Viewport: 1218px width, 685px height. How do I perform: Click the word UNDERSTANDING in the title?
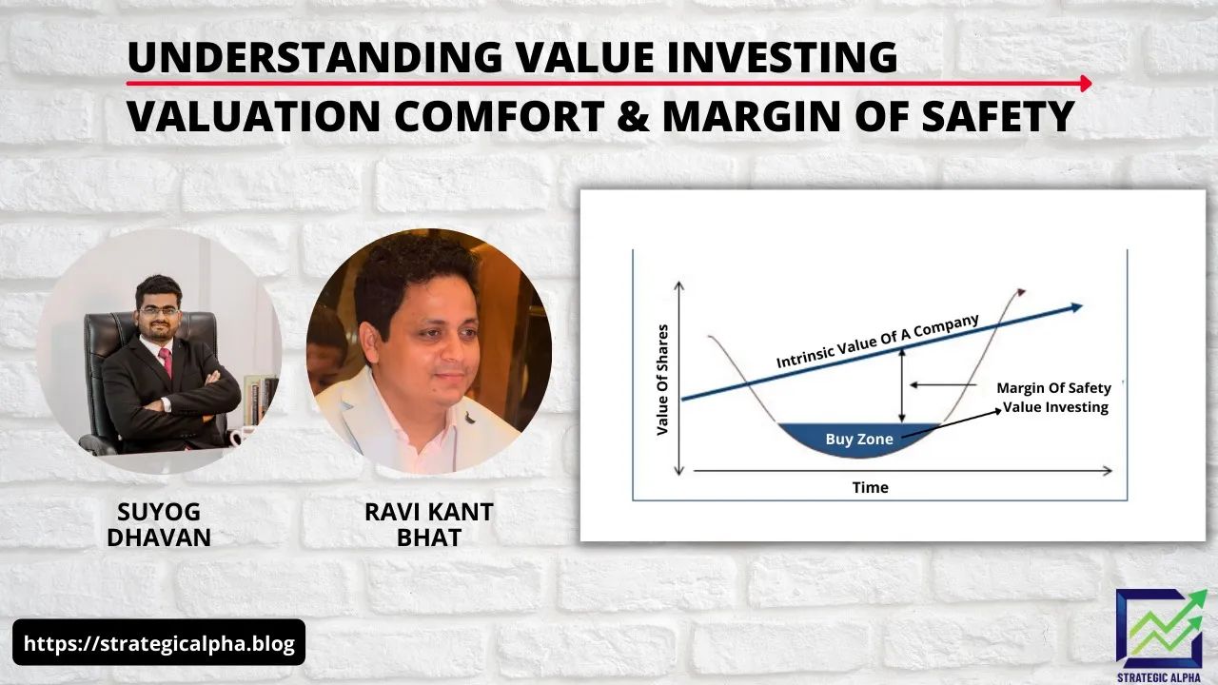(x=314, y=58)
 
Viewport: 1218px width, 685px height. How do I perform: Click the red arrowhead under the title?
(x=1086, y=84)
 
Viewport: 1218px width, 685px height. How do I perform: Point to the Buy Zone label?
(x=859, y=440)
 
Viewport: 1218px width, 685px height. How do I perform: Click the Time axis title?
(x=870, y=487)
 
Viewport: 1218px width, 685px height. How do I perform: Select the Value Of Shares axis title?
(x=663, y=381)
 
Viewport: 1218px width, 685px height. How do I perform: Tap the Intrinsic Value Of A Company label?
(x=876, y=342)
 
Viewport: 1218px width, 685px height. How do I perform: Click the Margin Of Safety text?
(x=1053, y=388)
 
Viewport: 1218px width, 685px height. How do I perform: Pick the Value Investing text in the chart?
(x=1056, y=407)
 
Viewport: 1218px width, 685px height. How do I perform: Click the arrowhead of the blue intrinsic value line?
(x=1076, y=306)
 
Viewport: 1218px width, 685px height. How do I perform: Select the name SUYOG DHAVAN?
(x=159, y=524)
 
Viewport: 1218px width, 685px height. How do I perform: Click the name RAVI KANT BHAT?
(x=428, y=524)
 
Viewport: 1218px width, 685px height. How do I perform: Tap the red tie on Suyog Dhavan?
(x=166, y=362)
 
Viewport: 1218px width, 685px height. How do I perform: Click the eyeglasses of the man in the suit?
(x=158, y=310)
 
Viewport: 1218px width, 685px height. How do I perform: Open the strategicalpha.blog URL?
(x=159, y=643)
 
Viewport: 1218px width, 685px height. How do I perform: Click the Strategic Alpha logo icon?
(x=1161, y=628)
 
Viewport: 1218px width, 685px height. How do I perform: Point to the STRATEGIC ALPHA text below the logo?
(x=1161, y=676)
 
